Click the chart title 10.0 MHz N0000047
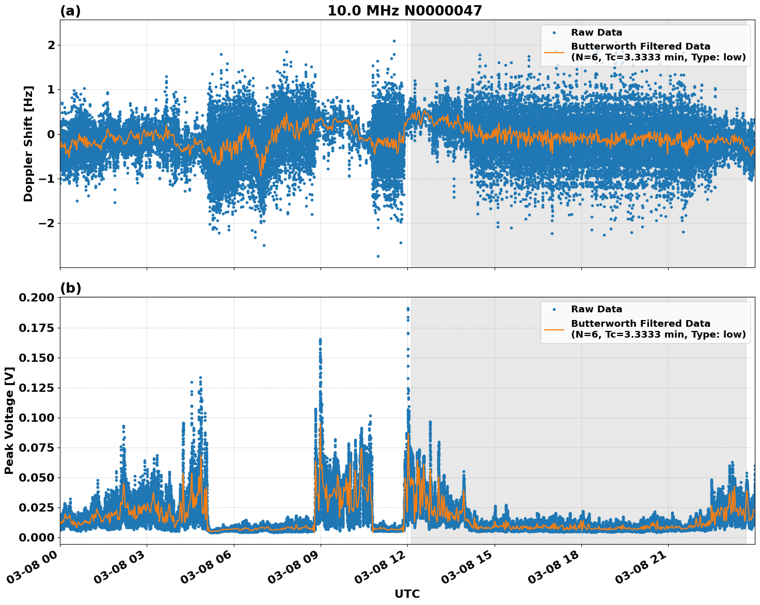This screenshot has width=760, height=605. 404,11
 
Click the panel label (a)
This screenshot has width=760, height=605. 70,11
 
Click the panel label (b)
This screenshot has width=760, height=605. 70,288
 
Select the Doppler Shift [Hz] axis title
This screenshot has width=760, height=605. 28,144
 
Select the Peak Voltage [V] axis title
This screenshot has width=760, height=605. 9,420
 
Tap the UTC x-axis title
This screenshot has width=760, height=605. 407,594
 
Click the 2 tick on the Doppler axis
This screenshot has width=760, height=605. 51,45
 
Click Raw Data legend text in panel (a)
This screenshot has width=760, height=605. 596,33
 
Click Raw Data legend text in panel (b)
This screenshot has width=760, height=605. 596,309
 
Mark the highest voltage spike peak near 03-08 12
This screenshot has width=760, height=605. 408,309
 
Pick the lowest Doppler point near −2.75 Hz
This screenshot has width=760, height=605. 378,256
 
